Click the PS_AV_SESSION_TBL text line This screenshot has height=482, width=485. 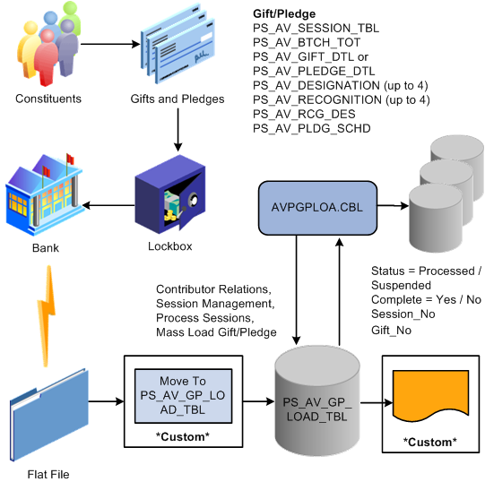click(316, 29)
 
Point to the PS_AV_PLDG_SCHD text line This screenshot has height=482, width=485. click(312, 129)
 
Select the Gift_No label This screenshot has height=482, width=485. click(393, 331)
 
